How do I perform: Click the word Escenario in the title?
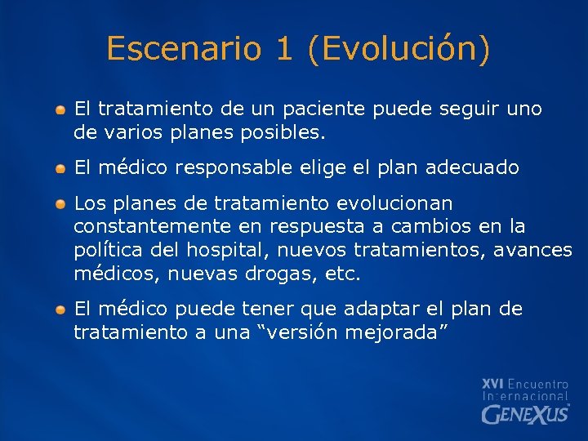click(180, 49)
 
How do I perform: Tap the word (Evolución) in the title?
click(399, 49)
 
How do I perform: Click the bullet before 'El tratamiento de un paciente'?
click(61, 109)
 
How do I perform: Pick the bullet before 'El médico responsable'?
click(61, 168)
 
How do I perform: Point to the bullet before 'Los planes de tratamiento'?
click(61, 203)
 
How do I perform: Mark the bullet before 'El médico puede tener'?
click(61, 310)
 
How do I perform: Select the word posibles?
click(291, 131)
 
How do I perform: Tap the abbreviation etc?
click(342, 273)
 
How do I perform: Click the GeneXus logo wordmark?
click(525, 414)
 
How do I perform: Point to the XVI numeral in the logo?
click(492, 384)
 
